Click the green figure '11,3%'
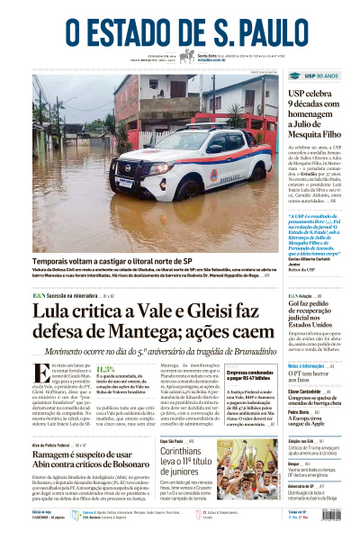coord(105,369)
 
